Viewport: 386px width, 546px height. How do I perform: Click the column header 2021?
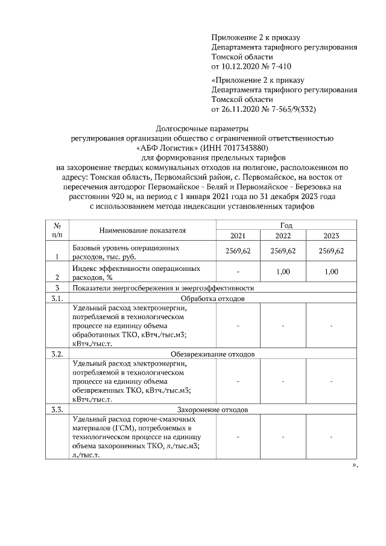point(238,235)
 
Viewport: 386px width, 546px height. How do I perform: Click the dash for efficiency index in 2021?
point(238,272)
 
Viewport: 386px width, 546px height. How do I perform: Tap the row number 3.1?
point(57,299)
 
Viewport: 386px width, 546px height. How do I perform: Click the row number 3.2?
point(57,354)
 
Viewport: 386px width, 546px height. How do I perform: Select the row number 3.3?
point(57,409)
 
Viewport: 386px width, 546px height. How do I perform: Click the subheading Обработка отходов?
point(213,299)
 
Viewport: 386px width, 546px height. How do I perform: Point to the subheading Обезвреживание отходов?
point(213,354)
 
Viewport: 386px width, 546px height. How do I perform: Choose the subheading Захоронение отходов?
point(213,409)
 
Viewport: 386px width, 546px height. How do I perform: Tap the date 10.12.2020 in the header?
point(241,65)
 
